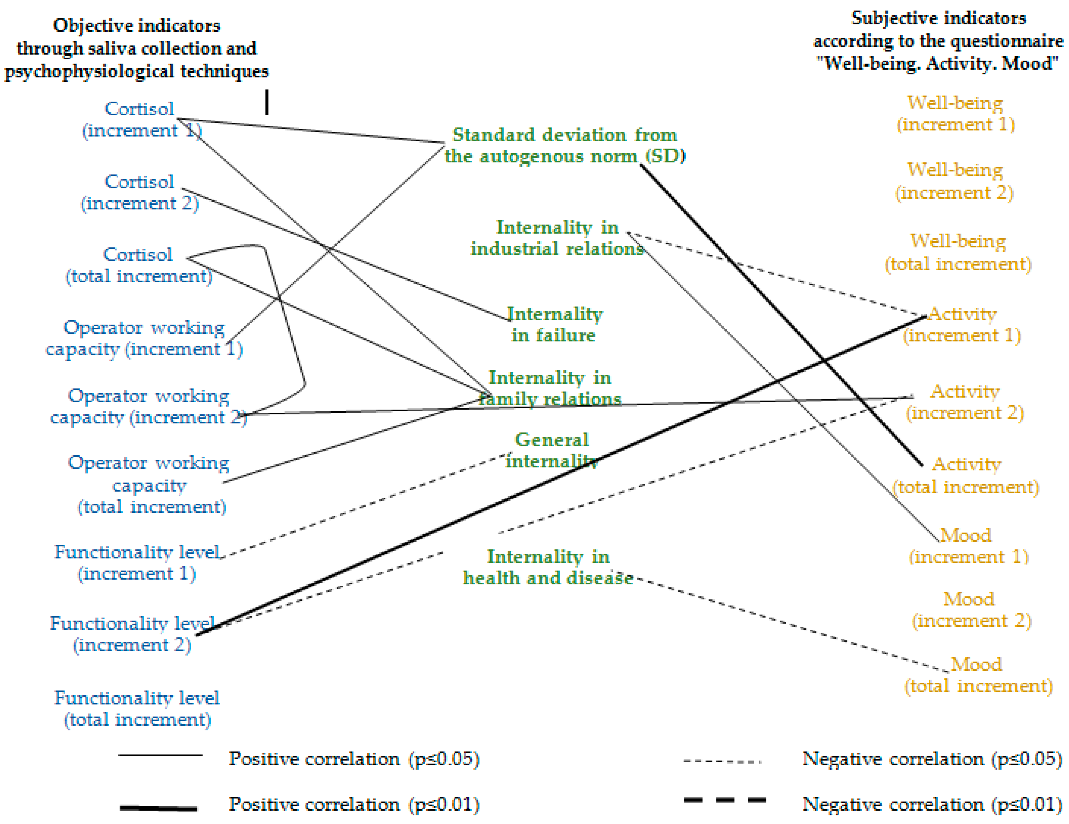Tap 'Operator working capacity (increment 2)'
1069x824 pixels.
pos(148,406)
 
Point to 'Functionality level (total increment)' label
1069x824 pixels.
pos(137,708)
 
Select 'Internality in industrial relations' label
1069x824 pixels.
pos(557,238)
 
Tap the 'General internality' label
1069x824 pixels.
pos(552,450)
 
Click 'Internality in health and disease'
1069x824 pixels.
pos(548,567)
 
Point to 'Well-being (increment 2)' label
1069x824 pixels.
pos(955,181)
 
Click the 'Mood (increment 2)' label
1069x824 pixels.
pos(971,610)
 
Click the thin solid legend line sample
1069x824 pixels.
pos(161,755)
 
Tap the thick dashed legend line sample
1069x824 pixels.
pos(725,800)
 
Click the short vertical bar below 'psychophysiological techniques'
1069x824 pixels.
pos(267,102)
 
